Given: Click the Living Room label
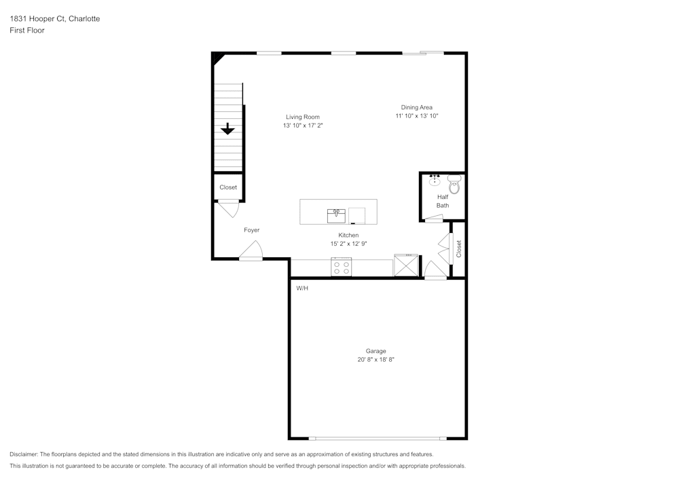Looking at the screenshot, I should (x=302, y=117).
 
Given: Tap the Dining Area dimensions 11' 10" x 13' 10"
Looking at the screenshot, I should (x=416, y=116).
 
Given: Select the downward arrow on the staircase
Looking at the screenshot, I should (x=227, y=128).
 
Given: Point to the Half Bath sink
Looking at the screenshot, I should (x=435, y=181).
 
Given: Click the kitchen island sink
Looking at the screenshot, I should (x=336, y=215).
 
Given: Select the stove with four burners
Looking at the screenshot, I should (x=341, y=267).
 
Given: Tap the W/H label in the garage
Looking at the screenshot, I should (x=302, y=289).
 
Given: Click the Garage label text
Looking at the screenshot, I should (x=375, y=351).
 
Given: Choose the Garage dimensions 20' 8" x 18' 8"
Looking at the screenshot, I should (x=375, y=360).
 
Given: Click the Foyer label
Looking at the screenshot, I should (x=252, y=230).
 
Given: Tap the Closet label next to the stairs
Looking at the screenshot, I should (x=228, y=187).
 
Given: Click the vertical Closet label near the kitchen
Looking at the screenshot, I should (x=459, y=248).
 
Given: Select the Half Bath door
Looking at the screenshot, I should (x=433, y=219).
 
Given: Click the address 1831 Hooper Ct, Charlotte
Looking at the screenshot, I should (x=54, y=19).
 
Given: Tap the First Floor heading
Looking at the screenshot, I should (x=27, y=31).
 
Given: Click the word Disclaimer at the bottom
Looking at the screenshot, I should (x=24, y=454).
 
